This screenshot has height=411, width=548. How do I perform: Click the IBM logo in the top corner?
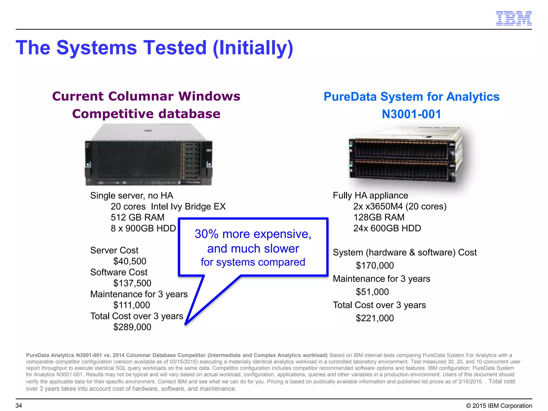point(513,18)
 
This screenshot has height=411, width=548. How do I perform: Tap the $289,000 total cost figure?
point(132,327)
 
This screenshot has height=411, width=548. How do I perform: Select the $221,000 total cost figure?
point(375,318)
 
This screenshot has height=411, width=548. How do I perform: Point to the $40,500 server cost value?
point(130,261)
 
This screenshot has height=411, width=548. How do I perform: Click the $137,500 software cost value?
point(132,283)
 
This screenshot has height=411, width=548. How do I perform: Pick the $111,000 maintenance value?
point(132,305)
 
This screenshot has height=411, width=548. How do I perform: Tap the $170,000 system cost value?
point(375,265)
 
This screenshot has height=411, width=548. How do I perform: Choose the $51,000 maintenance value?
point(372,292)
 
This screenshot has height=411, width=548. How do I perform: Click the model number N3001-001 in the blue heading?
point(411,114)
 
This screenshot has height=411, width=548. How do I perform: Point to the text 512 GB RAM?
point(138,217)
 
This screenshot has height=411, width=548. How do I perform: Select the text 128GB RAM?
point(379,217)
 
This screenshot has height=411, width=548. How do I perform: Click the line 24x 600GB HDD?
point(387,228)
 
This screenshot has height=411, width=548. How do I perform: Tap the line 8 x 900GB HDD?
point(143,228)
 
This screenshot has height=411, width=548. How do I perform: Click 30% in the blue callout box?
point(207,234)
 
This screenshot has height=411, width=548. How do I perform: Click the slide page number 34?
point(19,406)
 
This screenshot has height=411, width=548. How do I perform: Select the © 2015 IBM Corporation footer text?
point(499,406)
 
